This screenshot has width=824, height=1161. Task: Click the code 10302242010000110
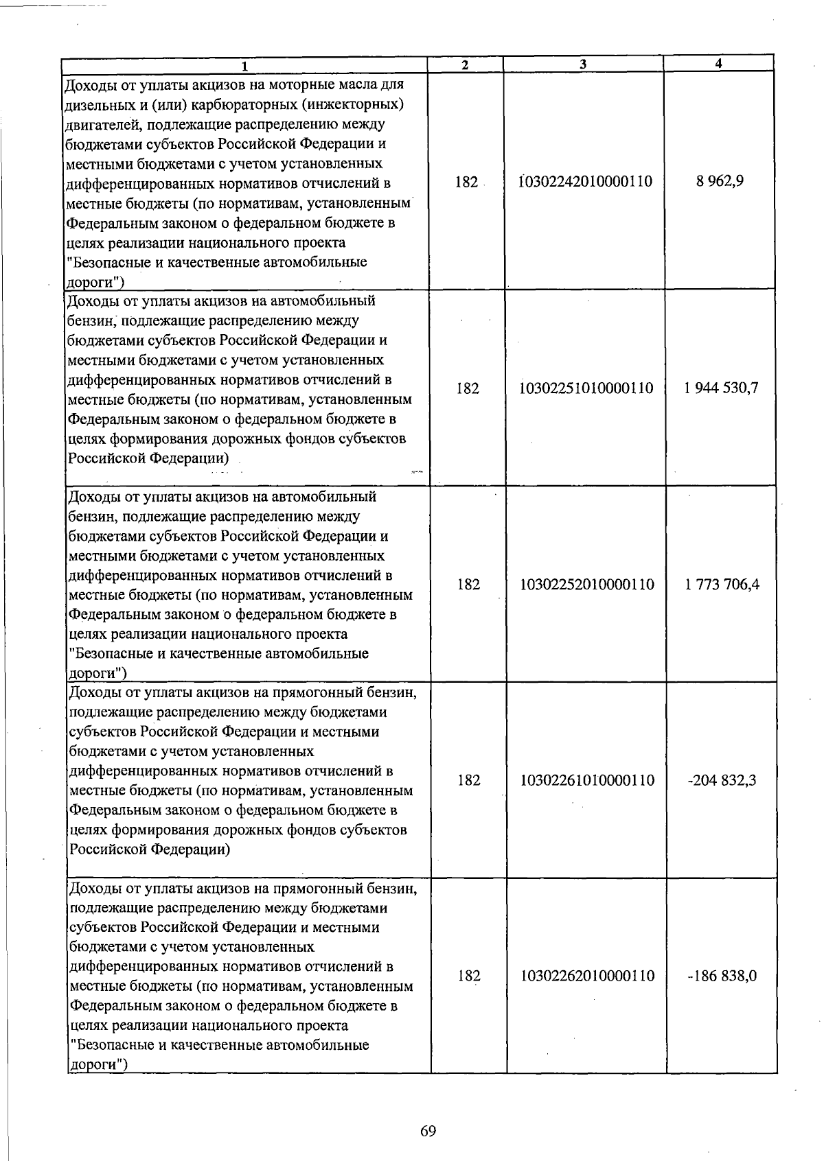point(586,182)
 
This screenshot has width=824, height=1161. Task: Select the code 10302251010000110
point(586,388)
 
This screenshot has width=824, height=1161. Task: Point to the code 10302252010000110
point(587,585)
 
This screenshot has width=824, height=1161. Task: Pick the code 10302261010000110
point(587,780)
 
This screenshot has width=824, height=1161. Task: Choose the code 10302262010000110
point(588,976)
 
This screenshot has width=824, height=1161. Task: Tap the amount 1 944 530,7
point(721,388)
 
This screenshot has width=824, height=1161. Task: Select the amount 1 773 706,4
point(722,585)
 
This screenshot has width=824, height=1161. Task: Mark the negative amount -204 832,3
point(722,780)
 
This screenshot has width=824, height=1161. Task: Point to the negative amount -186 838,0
point(722,976)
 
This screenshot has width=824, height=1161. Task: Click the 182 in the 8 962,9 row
point(466,183)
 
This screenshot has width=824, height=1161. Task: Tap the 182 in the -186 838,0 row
point(469,976)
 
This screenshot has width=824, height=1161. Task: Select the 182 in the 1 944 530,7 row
point(468,388)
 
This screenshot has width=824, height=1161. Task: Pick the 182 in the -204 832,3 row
point(469,780)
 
